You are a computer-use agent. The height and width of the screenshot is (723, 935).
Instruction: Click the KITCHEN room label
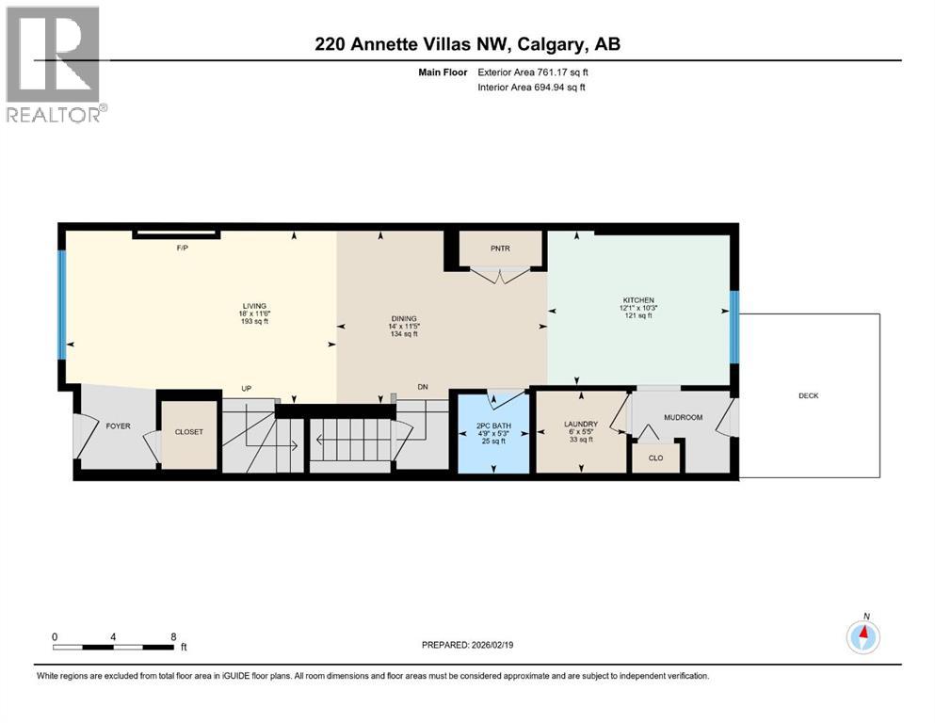click(x=637, y=299)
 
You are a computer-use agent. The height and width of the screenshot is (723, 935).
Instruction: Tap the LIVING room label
click(x=254, y=306)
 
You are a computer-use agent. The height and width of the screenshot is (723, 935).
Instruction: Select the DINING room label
click(x=403, y=318)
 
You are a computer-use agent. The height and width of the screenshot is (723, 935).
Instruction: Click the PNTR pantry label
click(x=499, y=249)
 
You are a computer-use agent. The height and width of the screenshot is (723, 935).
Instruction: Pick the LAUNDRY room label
click(x=580, y=425)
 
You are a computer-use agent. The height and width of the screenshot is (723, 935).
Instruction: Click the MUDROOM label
click(x=683, y=417)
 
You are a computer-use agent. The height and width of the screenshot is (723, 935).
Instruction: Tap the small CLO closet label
click(x=655, y=458)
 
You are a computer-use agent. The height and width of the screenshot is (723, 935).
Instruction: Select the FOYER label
click(x=117, y=426)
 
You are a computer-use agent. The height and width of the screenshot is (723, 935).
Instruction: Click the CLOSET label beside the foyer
click(x=189, y=433)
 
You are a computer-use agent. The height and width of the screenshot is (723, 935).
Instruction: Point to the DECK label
click(x=808, y=396)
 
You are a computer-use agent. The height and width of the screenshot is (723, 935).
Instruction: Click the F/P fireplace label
click(x=184, y=247)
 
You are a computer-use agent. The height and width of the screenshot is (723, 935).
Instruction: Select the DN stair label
click(x=424, y=388)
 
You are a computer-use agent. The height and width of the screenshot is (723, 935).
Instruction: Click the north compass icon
click(x=862, y=636)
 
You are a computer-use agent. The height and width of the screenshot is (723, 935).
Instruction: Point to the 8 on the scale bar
click(x=172, y=636)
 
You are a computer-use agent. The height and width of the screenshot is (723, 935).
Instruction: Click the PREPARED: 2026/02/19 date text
click(x=472, y=645)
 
